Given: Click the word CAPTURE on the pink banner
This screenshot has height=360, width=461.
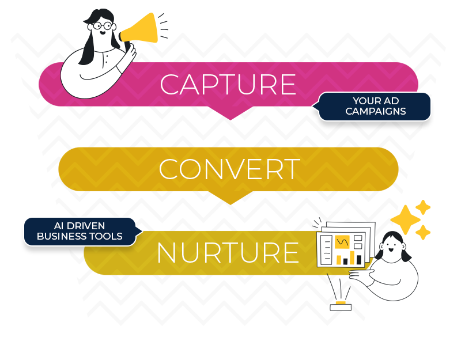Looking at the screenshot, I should pos(228,85).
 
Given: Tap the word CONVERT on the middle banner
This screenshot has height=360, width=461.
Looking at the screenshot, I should pos(229,169).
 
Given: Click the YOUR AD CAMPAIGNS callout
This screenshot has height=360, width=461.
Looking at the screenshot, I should pos(375,106).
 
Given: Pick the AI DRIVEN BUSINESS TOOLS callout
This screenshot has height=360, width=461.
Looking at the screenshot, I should pos(80,231).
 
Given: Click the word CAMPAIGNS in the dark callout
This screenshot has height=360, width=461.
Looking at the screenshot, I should pos(375,111).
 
